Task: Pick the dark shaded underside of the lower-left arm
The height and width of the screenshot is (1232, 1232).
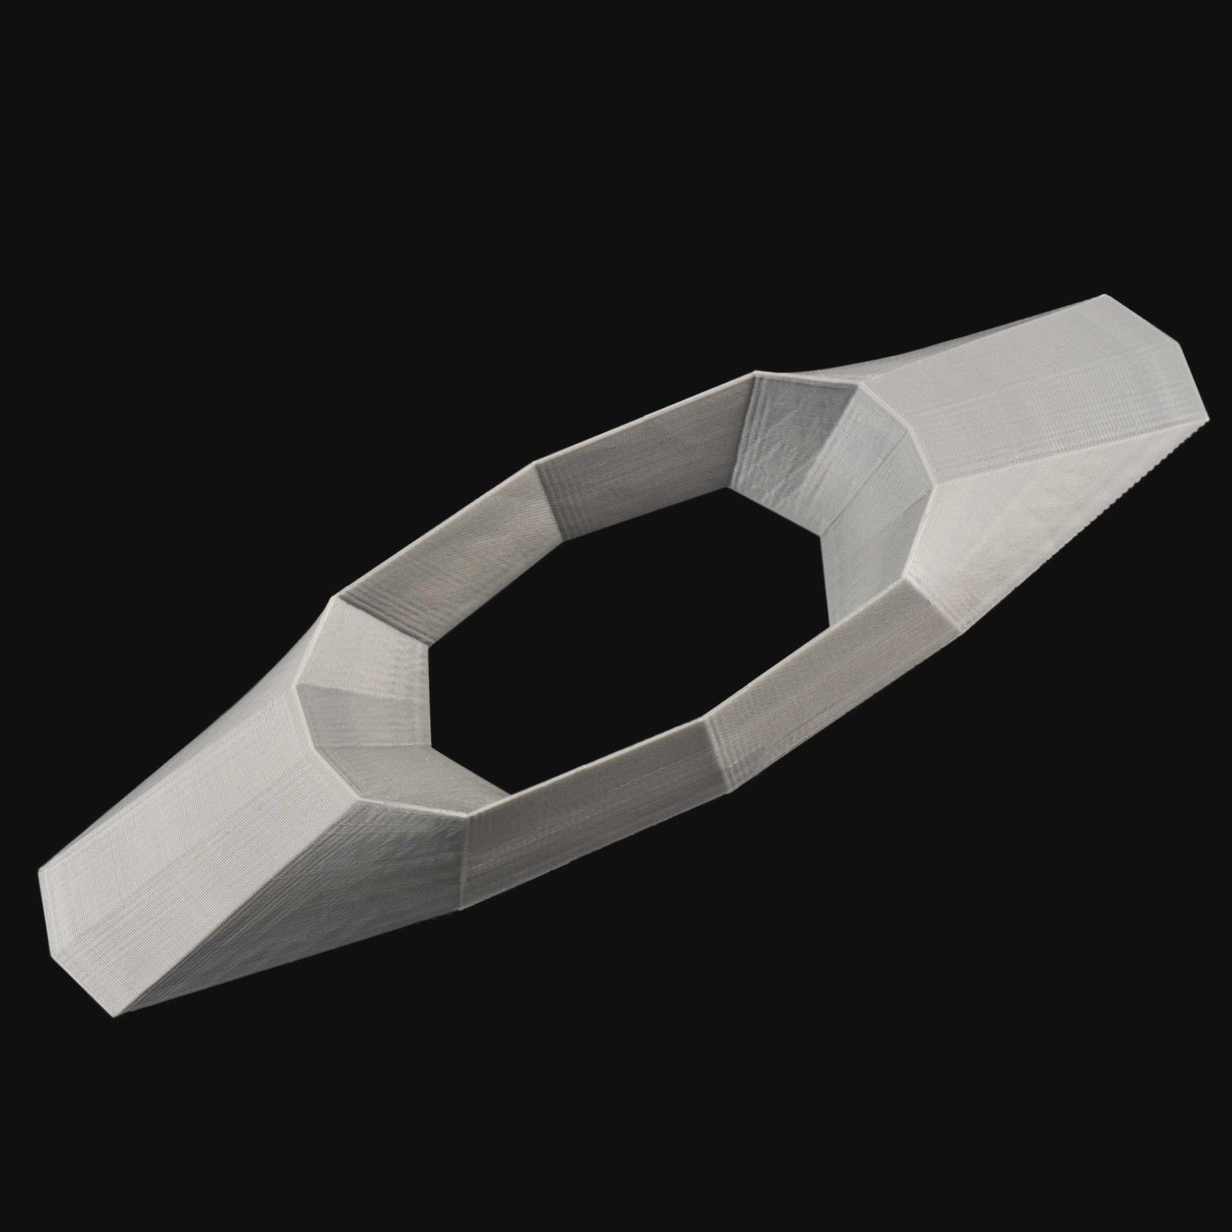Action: click(308, 885)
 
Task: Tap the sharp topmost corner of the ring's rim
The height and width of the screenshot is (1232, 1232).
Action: click(755, 376)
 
